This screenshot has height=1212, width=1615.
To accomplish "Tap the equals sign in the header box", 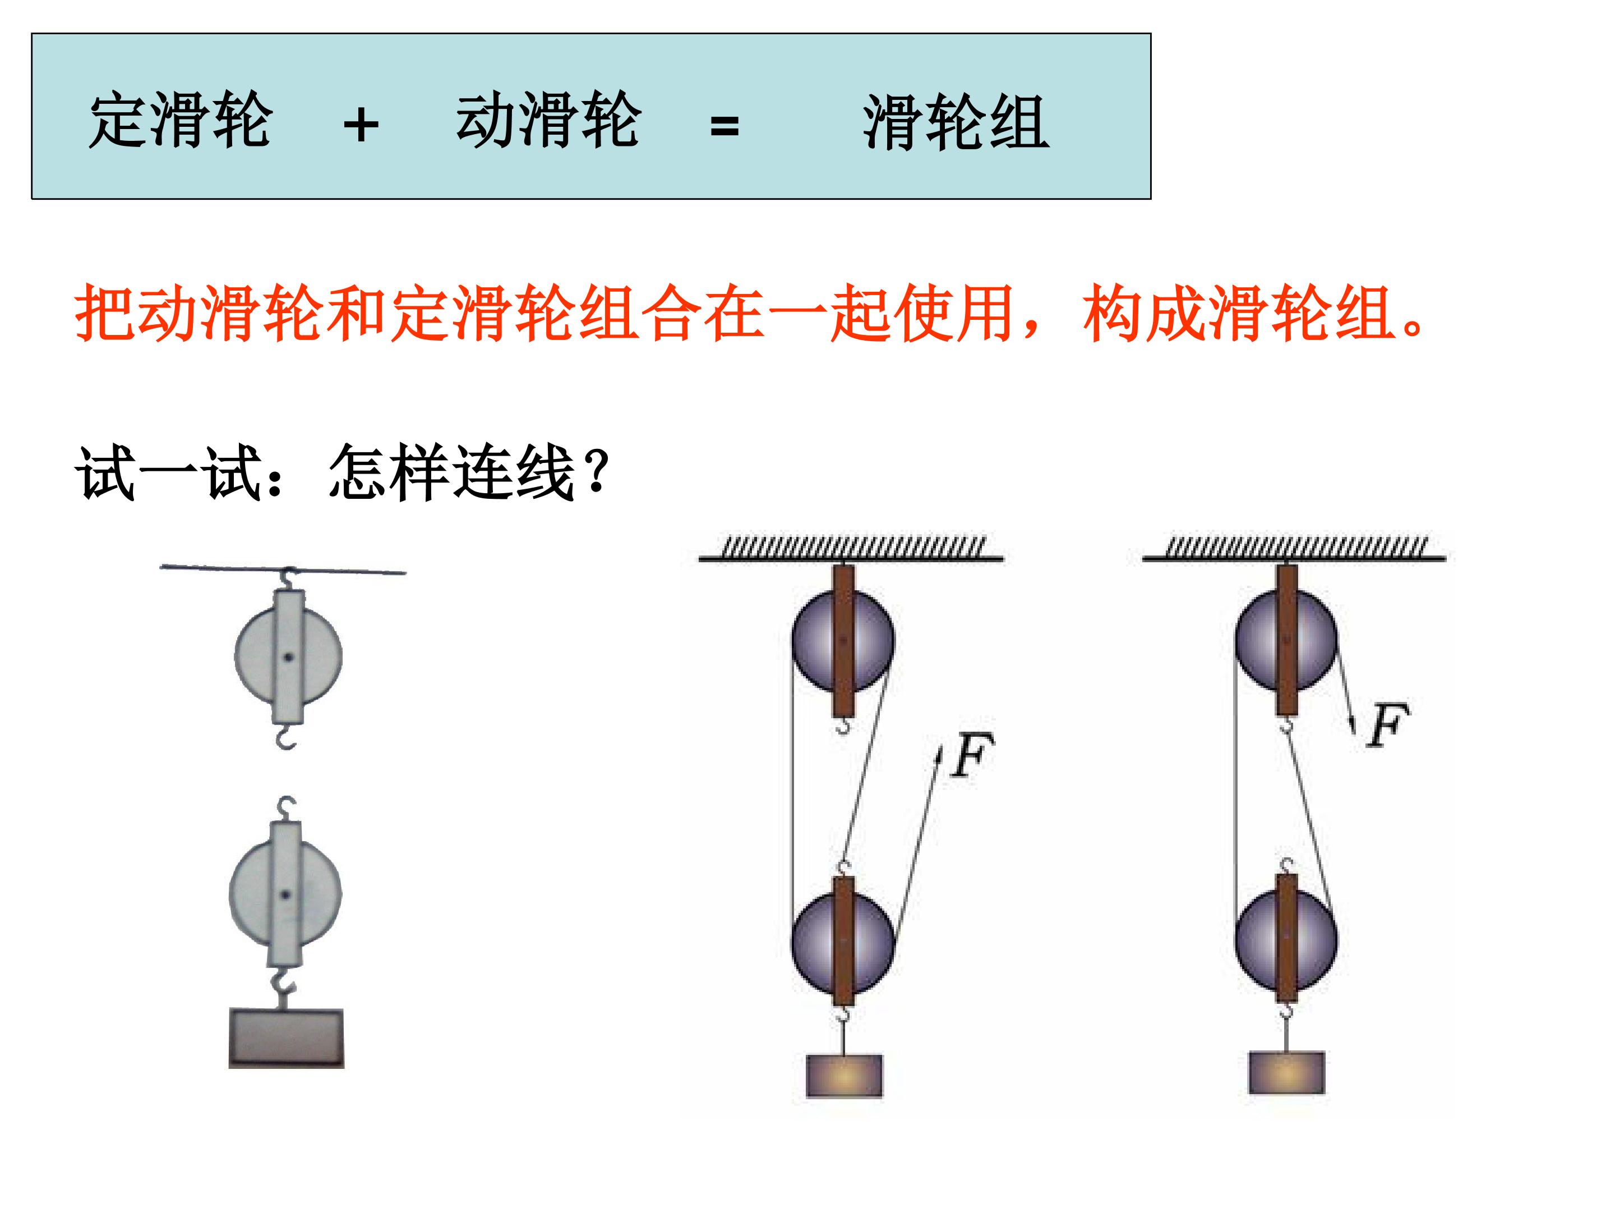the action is pos(725,126).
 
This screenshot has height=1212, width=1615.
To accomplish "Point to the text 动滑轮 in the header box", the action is pos(548,120).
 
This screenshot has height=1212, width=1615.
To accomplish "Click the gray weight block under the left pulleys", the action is pos(286,1038).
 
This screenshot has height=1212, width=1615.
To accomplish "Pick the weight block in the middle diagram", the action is pos(844,1076).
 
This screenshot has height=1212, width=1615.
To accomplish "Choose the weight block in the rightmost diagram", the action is pos(1286,1072).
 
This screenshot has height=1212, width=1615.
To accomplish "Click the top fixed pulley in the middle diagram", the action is pos(843,641).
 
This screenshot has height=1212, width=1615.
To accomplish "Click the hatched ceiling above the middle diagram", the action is pos(851,549).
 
